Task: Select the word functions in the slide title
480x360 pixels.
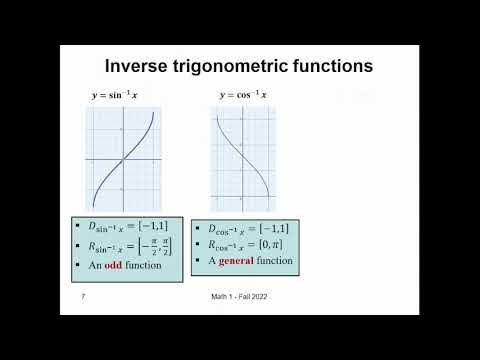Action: tap(333, 66)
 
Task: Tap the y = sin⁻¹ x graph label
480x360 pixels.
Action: tap(116, 95)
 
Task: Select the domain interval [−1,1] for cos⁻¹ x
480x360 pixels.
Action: tap(277, 228)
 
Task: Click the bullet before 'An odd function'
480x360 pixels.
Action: tap(77, 265)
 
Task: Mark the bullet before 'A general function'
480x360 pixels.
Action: tap(199, 260)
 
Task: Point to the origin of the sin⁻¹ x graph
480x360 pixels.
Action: tap(123, 160)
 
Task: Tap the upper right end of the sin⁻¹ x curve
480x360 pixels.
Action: tap(152, 112)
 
